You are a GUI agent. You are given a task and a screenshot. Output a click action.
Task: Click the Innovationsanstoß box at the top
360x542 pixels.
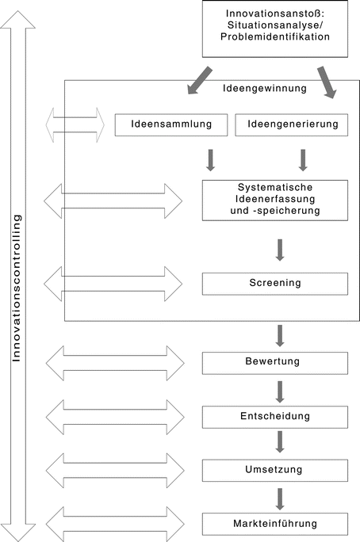(275, 29)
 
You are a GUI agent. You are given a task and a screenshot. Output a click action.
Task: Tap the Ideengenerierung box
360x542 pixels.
(293, 124)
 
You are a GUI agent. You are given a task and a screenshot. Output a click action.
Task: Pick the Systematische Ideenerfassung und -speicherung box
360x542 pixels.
(275, 200)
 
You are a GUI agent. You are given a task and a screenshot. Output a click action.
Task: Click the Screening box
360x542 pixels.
(275, 283)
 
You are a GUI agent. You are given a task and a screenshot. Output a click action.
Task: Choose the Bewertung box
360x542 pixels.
(275, 363)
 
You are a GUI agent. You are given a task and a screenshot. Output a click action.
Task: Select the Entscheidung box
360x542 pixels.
(275, 417)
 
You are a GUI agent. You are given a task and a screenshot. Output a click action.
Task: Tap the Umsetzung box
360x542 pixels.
(275, 471)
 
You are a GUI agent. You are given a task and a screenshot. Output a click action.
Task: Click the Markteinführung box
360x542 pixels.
(275, 524)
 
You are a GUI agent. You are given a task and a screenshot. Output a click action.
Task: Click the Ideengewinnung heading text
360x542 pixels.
(264, 89)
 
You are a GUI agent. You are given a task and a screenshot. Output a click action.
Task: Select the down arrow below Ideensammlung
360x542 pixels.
(210, 159)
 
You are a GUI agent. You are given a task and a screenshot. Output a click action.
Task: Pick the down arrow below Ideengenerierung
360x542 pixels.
(303, 159)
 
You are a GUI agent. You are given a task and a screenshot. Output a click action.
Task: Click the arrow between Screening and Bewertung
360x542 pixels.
(280, 334)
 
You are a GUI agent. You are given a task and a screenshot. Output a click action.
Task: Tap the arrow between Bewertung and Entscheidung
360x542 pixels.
(280, 391)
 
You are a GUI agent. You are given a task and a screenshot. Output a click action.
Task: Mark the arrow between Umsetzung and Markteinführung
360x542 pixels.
(280, 498)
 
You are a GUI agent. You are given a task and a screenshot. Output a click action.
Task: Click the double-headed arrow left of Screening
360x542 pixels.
(113, 284)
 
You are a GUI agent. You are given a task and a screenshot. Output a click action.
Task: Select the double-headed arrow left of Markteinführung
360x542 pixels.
(115, 524)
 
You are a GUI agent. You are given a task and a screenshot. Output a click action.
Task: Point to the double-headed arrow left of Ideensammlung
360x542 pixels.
(75, 125)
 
